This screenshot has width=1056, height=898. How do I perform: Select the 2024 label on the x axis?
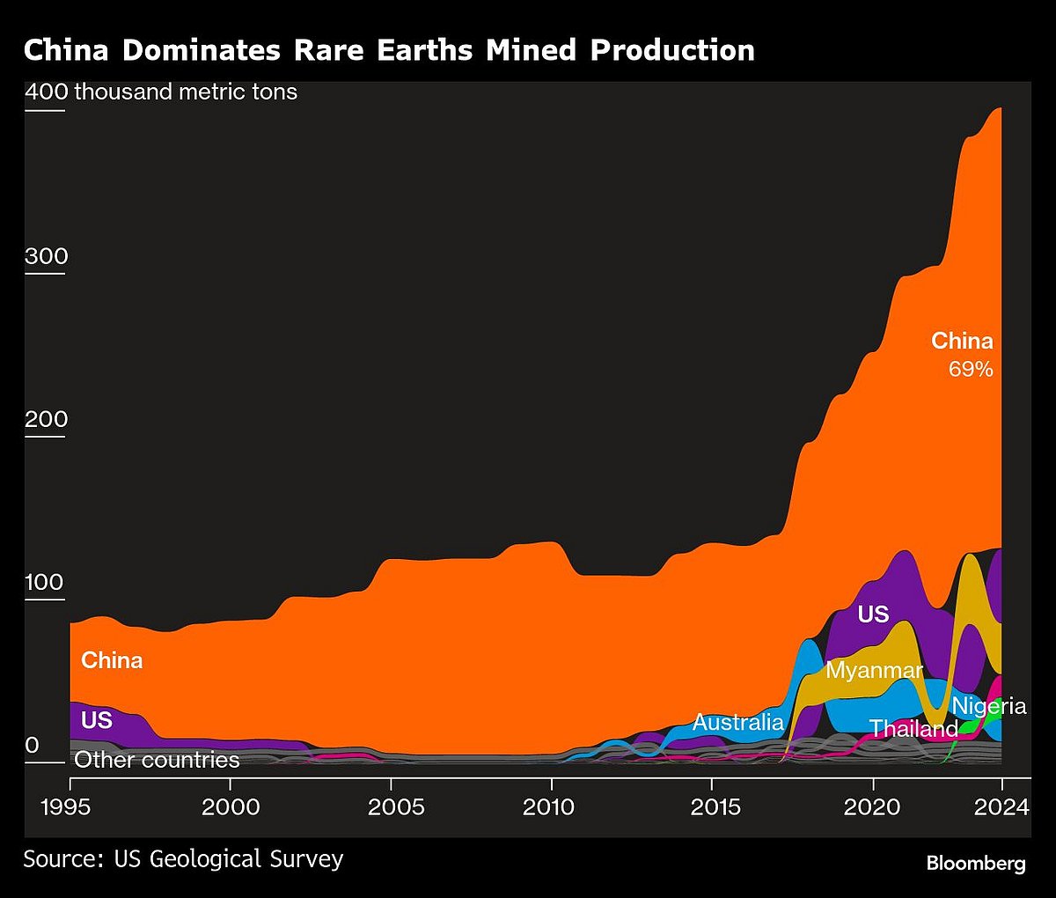pyautogui.click(x=1001, y=806)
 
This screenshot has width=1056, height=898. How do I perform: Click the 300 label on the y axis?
pyautogui.click(x=46, y=256)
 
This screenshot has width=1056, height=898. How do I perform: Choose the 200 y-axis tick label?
pyautogui.click(x=46, y=419)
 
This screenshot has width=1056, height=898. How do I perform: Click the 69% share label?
pyautogui.click(x=970, y=370)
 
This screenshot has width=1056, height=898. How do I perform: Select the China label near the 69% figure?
pyautogui.click(x=962, y=341)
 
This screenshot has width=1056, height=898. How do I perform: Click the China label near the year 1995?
pyautogui.click(x=112, y=660)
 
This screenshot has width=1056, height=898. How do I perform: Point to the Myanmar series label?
pyautogui.click(x=874, y=670)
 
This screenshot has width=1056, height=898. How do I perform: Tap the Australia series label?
pyautogui.click(x=737, y=723)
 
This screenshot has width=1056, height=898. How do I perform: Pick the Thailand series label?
pyautogui.click(x=913, y=729)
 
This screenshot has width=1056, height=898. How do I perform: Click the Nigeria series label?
pyautogui.click(x=989, y=706)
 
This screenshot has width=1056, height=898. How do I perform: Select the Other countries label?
pyautogui.click(x=157, y=760)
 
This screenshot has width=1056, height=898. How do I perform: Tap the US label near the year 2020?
pyautogui.click(x=873, y=615)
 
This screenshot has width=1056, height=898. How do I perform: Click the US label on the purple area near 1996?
pyautogui.click(x=97, y=720)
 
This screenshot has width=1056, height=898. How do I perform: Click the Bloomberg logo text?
pyautogui.click(x=975, y=863)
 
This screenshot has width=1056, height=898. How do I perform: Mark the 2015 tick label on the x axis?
pyautogui.click(x=711, y=806)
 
